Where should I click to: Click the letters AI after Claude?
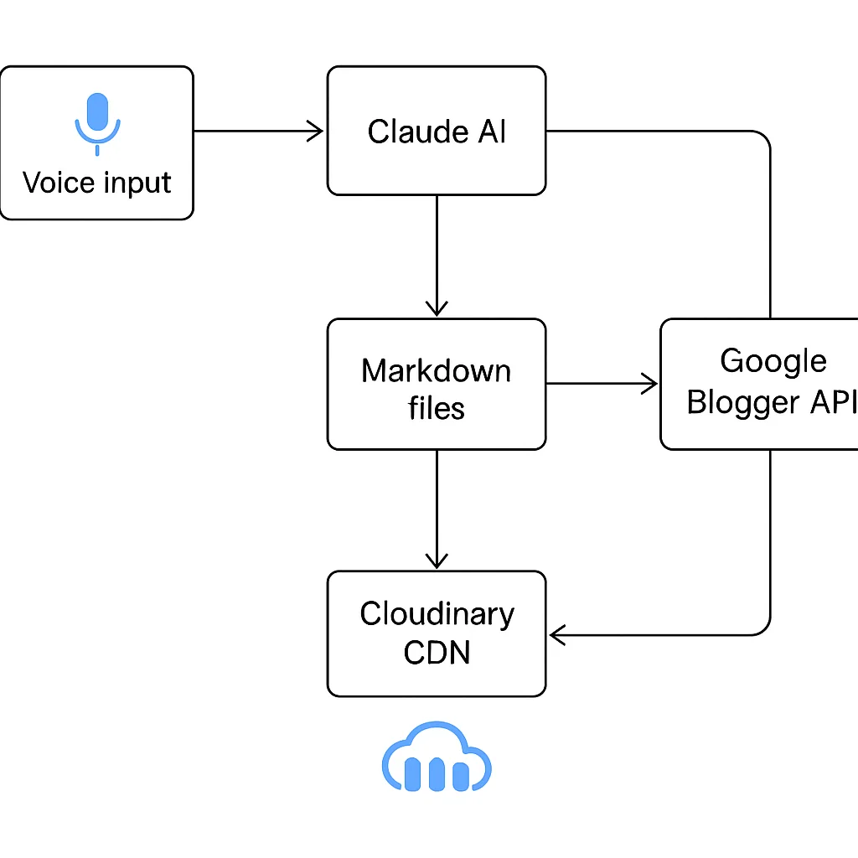click(493, 132)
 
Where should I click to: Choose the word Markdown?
click(436, 370)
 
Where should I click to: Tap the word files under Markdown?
click(436, 408)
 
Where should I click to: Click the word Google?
click(773, 361)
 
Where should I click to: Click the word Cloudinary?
click(437, 614)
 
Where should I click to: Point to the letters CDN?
click(437, 652)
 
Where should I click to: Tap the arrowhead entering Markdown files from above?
click(437, 308)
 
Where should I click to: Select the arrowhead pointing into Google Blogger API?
click(650, 384)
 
